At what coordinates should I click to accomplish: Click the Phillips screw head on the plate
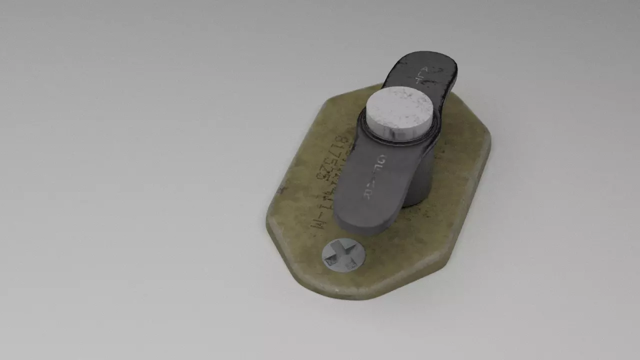(343, 255)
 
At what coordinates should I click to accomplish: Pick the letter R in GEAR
(368, 194)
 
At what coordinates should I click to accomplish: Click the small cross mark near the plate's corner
(282, 190)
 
